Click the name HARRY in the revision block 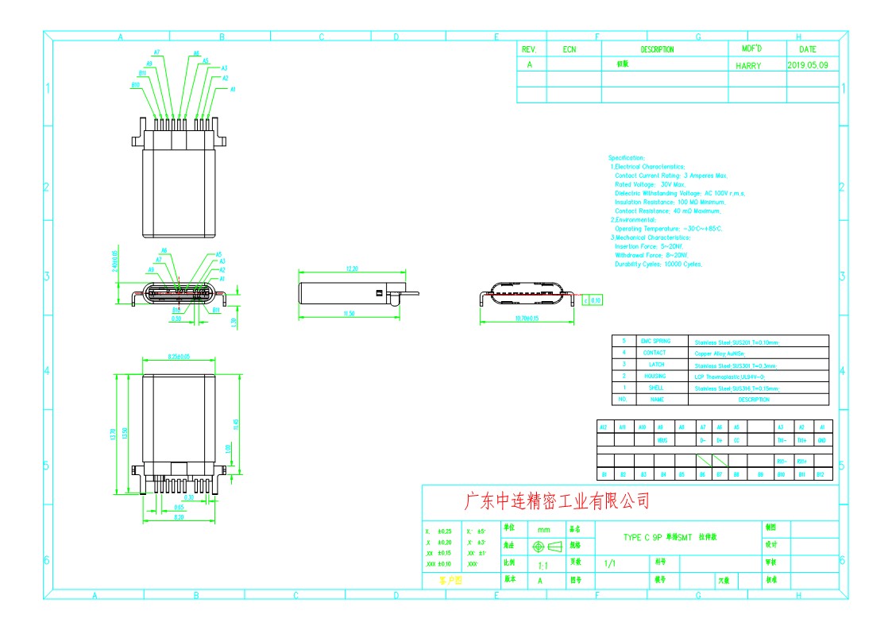748,66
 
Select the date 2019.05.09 813,65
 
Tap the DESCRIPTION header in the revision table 657,49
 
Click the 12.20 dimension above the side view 352,269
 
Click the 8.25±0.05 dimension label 179,357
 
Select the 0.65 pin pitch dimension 179,506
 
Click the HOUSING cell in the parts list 655,376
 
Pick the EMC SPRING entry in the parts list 655,341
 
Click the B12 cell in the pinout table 821,474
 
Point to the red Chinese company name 556,501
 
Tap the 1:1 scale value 544,566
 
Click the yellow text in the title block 450,581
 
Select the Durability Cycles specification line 658,264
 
